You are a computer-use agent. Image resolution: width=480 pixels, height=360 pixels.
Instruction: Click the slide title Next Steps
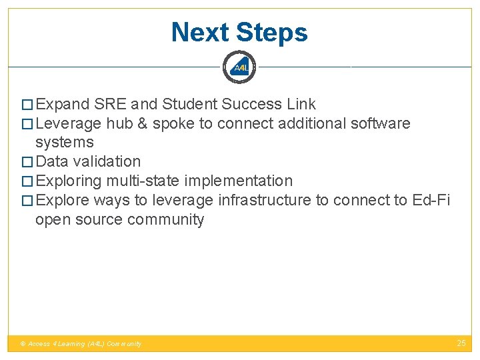click(239, 32)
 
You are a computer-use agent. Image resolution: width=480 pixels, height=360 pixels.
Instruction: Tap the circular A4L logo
click(239, 67)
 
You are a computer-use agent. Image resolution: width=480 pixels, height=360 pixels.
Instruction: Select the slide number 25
click(461, 343)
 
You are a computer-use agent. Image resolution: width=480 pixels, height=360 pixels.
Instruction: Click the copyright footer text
click(81, 344)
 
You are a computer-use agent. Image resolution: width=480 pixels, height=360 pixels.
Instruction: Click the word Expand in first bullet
click(63, 105)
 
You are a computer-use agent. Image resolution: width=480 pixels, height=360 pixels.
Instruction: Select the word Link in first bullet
click(301, 105)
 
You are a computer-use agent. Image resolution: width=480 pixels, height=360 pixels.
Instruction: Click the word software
click(381, 124)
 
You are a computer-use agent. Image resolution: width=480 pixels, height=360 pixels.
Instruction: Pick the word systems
click(65, 143)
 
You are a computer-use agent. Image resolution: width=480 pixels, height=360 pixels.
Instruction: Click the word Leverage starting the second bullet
click(69, 124)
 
